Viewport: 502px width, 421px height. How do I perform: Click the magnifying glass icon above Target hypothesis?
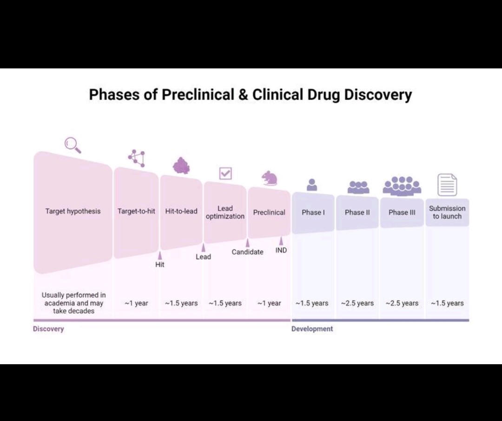73,145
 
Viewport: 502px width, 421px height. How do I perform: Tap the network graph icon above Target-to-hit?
137,158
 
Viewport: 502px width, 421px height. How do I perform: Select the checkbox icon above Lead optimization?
225,174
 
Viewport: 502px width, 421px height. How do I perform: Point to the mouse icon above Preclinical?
269,178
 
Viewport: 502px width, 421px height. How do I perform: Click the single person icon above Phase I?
312,185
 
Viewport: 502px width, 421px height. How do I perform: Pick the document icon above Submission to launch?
447,185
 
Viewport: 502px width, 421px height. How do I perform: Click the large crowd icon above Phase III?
402,186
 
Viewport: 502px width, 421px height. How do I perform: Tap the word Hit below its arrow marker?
160,265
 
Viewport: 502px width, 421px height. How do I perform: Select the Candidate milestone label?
247,252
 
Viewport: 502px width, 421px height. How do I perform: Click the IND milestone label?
281,250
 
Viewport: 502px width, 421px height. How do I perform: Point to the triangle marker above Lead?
203,248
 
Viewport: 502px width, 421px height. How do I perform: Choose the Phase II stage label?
357,213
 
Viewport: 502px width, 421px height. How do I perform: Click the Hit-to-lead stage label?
181,211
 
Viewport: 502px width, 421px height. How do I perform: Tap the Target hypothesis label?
73,211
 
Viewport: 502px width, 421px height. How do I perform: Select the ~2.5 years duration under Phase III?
402,303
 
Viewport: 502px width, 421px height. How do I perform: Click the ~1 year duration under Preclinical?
269,303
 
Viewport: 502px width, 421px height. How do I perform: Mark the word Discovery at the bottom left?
48,329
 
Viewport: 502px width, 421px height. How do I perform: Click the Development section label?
312,329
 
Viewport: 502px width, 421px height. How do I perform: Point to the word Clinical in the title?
277,94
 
